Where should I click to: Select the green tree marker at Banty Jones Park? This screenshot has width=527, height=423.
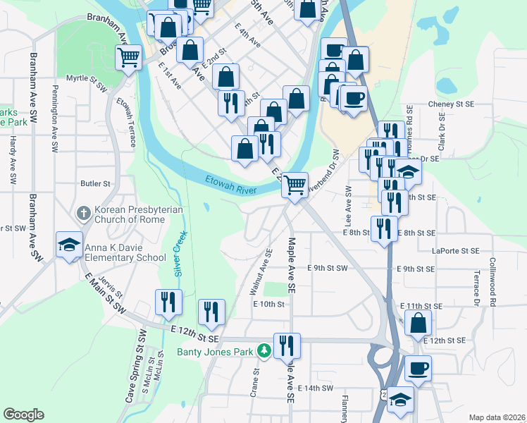pyautogui.click(x=263, y=350)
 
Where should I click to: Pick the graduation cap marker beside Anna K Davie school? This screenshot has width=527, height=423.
pyautogui.click(x=70, y=245)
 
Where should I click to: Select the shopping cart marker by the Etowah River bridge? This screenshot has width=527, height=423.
pyautogui.click(x=295, y=185)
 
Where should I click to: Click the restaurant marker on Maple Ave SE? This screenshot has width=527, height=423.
pyautogui.click(x=287, y=345)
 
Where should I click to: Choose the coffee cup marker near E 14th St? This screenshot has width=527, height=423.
pyautogui.click(x=418, y=368)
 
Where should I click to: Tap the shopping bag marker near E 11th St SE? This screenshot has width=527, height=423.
pyautogui.click(x=418, y=323)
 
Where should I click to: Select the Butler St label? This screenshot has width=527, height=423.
pyautogui.click(x=96, y=183)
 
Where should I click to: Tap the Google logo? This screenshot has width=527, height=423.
pyautogui.click(x=23, y=415)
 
